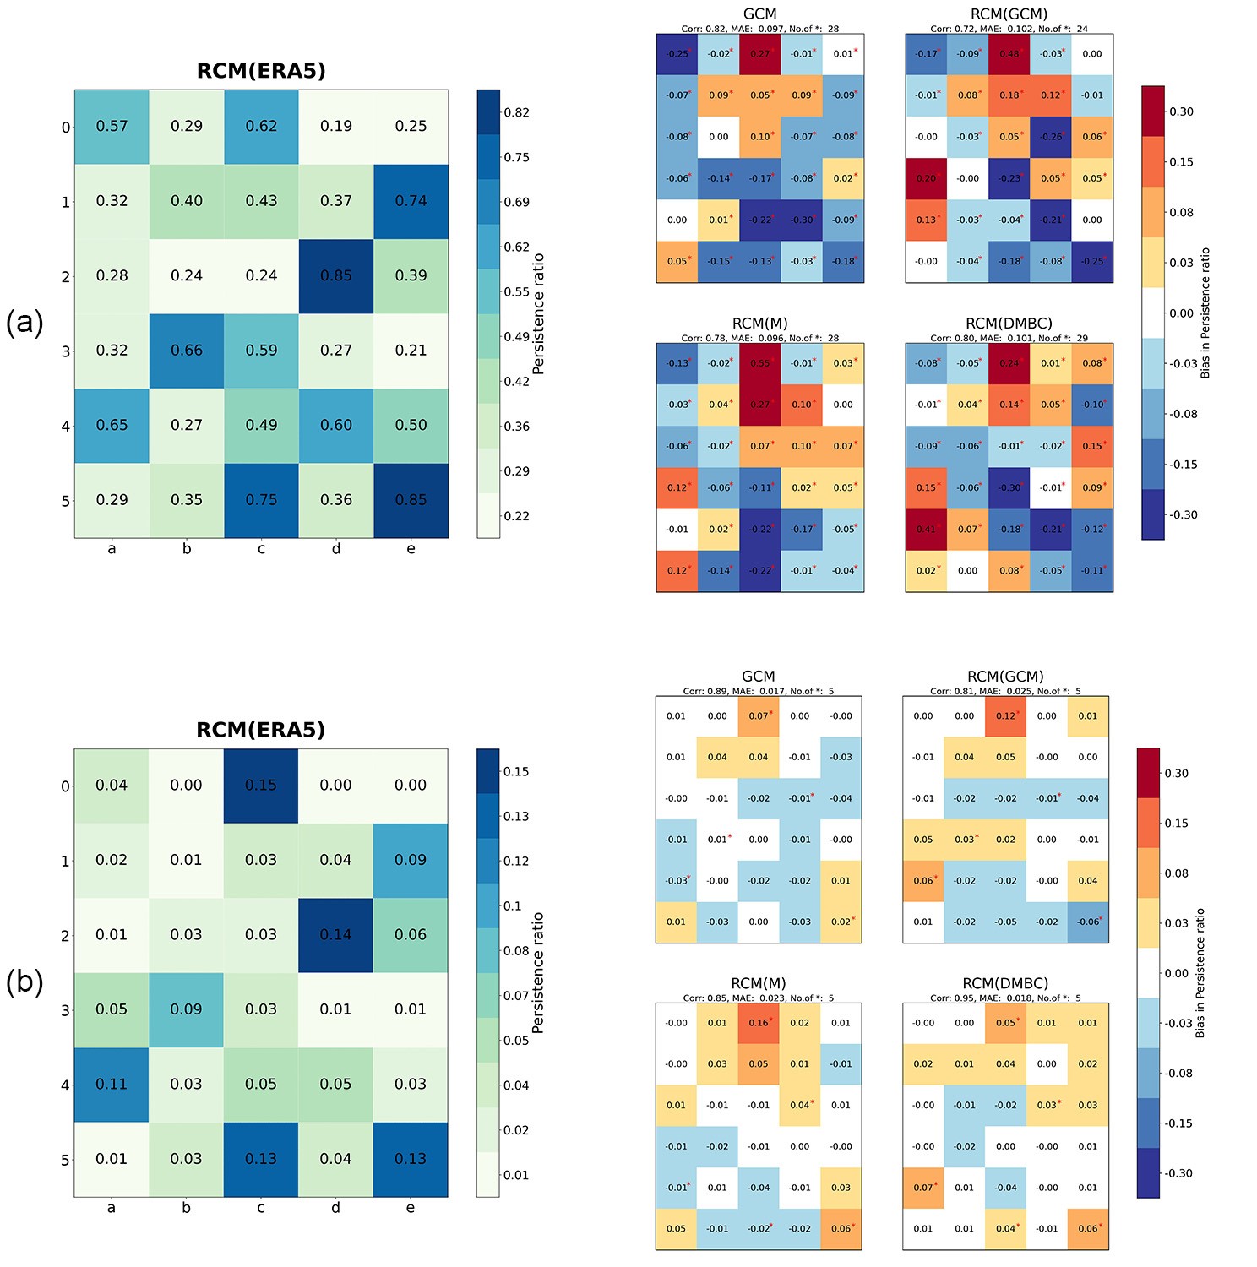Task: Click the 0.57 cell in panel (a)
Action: click(112, 127)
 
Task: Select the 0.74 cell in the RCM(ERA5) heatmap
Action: click(411, 201)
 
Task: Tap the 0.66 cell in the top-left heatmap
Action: click(187, 351)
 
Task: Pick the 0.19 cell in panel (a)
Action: click(336, 127)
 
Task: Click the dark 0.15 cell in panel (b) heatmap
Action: click(261, 786)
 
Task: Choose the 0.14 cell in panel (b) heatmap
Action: click(336, 935)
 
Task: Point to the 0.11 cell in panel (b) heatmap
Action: click(112, 1085)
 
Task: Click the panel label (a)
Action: click(24, 323)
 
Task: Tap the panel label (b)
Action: click(24, 982)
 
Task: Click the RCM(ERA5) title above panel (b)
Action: click(261, 730)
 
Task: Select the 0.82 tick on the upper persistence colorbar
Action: click(516, 113)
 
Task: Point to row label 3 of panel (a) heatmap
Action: click(66, 351)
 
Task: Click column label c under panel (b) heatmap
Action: click(261, 1209)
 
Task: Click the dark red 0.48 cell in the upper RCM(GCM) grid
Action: click(1009, 54)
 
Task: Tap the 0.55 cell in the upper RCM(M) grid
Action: click(760, 363)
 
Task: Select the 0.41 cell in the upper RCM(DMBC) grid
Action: click(927, 530)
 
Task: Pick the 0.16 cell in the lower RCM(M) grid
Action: click(759, 1023)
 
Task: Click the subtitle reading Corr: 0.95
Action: click(1005, 998)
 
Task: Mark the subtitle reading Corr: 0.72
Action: click(1009, 29)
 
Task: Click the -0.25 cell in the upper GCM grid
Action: click(677, 54)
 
